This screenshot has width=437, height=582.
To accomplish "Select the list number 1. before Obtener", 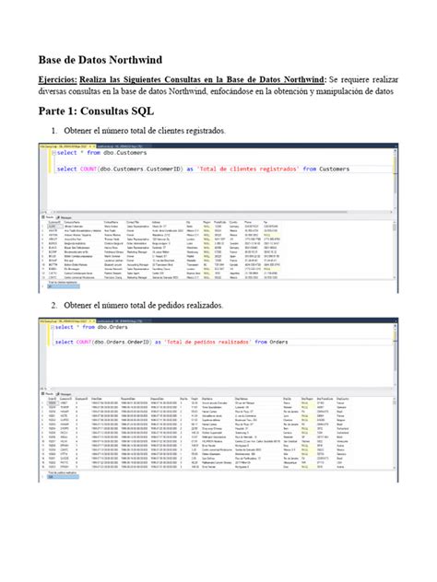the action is [x=54, y=132].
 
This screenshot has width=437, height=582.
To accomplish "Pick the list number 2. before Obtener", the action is [x=54, y=305].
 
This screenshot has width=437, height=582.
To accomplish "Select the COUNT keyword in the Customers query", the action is [x=94, y=169].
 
